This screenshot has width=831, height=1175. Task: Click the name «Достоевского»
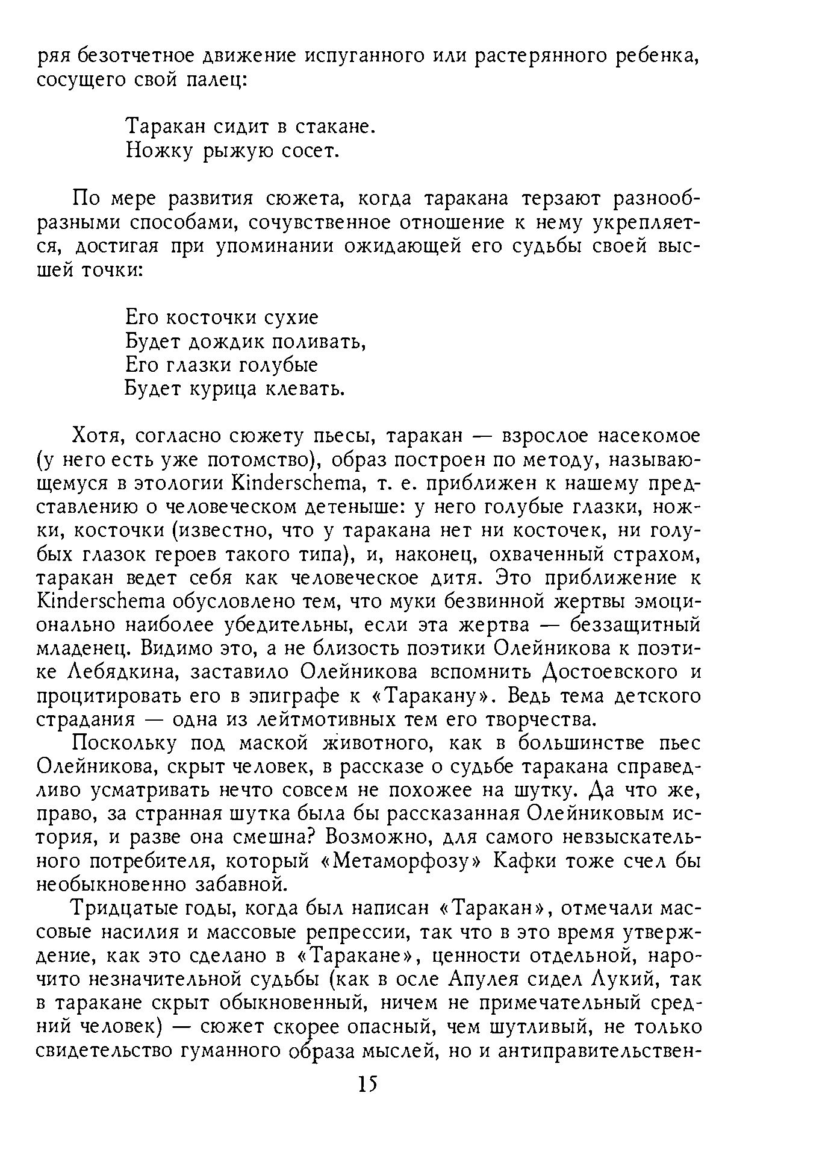point(609,672)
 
